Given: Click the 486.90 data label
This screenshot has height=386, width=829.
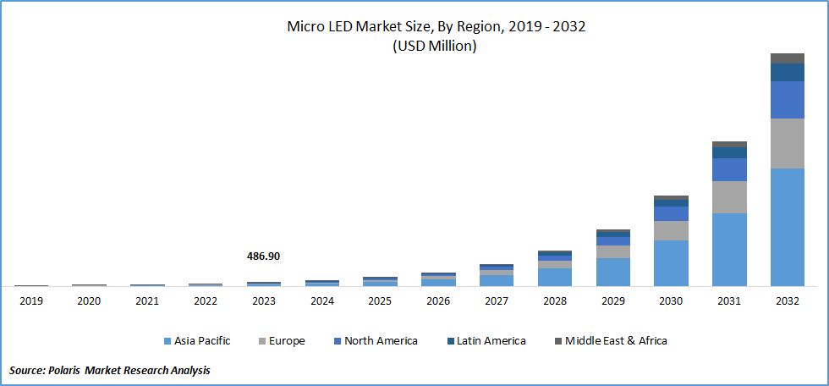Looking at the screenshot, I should (263, 255).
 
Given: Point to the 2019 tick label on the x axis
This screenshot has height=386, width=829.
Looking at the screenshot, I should (31, 301).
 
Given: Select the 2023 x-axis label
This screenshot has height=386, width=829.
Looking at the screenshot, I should (264, 301).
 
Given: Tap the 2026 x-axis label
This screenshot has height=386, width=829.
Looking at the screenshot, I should (438, 301).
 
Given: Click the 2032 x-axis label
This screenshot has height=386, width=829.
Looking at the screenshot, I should (787, 301).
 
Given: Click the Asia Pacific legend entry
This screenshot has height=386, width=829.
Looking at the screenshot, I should (201, 341).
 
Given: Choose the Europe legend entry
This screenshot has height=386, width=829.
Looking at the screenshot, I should (287, 341).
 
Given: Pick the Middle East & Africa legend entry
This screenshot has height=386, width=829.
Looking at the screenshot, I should (616, 341).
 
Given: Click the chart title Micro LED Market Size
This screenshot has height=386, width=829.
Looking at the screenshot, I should (436, 27).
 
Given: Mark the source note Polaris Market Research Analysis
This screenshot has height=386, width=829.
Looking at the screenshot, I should (110, 371).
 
